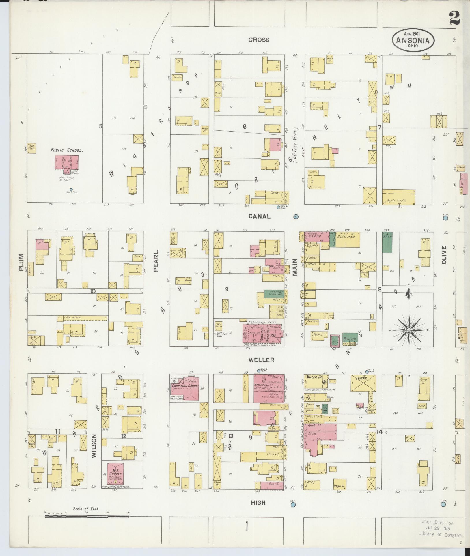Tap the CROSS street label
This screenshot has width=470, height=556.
pyautogui.click(x=259, y=40)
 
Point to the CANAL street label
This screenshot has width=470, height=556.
pyautogui.click(x=259, y=216)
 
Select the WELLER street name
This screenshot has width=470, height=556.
pyautogui.click(x=258, y=360)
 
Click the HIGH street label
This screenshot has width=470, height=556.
pyautogui.click(x=258, y=503)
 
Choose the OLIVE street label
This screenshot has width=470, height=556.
pyautogui.click(x=444, y=254)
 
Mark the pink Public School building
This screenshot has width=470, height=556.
pyautogui.click(x=67, y=162)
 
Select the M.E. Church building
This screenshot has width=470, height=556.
pyautogui.click(x=115, y=473)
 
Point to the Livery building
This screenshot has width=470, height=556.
pyautogui.click(x=363, y=383)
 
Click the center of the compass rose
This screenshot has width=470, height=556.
pyautogui.click(x=409, y=330)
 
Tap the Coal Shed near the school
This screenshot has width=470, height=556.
pyautogui.click(x=31, y=148)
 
